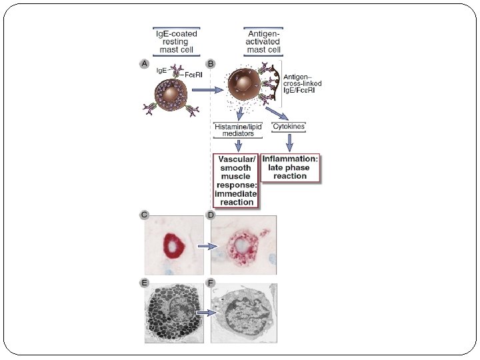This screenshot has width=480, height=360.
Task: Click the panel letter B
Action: [x=211, y=63]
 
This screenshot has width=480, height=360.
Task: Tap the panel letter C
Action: [x=144, y=215]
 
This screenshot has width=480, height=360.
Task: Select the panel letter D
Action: [x=211, y=215]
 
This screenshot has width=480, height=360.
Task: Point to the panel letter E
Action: [x=144, y=283]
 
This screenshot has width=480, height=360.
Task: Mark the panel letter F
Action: [x=211, y=283]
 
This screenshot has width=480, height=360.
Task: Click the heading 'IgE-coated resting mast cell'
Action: [x=175, y=41]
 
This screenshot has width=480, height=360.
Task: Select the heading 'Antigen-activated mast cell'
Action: [x=263, y=41]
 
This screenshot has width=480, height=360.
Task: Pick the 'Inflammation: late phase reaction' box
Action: [x=290, y=167]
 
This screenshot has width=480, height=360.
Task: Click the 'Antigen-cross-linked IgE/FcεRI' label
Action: [x=303, y=84]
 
